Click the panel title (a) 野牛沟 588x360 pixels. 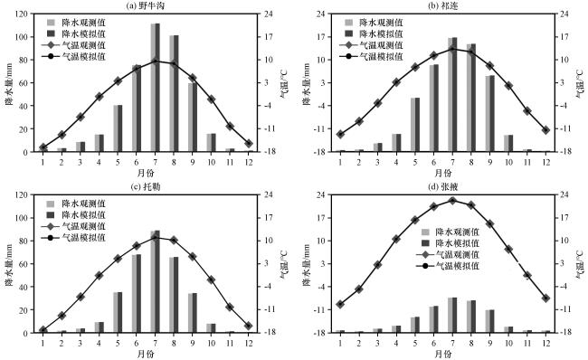[146, 5]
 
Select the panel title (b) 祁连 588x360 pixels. [443, 5]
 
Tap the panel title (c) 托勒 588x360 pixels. [146, 186]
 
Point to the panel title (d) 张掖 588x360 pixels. [443, 186]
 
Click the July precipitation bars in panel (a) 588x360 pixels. [156, 88]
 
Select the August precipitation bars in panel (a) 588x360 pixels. [174, 93]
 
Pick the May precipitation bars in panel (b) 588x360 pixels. [415, 125]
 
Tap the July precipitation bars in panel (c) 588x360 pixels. [156, 281]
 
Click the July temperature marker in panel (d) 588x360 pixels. [452, 201]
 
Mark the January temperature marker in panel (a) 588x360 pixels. [43, 147]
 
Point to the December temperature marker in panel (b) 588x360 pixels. [546, 129]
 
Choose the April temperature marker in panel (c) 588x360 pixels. [99, 275]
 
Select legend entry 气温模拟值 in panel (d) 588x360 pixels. [448, 266]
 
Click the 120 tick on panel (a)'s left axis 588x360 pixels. [22, 14]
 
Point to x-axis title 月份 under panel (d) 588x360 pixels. [443, 354]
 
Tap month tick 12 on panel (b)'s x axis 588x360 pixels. [546, 162]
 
